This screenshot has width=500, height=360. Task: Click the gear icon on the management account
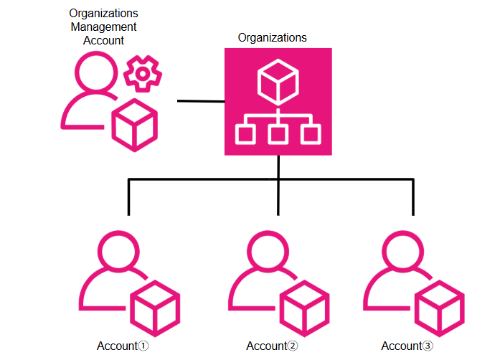click(143, 73)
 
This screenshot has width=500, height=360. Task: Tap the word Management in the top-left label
click(104, 27)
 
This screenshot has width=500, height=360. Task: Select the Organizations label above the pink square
click(273, 38)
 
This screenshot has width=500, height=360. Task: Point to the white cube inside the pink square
click(278, 81)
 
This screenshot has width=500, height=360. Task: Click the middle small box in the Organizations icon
click(278, 133)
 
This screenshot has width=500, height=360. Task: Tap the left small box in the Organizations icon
click(247, 133)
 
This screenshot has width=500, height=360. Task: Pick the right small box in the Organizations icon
click(310, 133)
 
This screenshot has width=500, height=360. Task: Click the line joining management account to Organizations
click(201, 102)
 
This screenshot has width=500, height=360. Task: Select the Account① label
click(123, 346)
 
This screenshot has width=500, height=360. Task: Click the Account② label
click(272, 346)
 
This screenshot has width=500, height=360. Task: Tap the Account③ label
click(407, 346)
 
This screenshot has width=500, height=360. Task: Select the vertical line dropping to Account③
click(413, 197)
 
